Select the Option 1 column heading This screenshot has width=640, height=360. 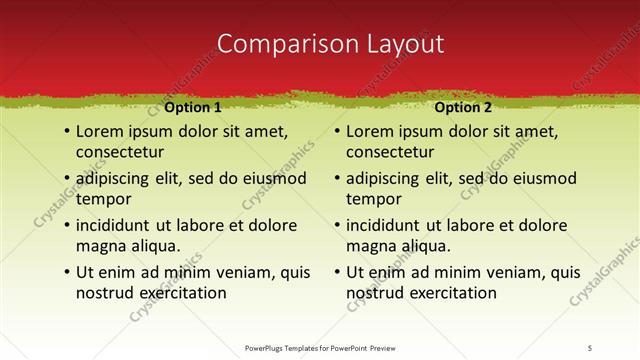pyautogui.click(x=192, y=107)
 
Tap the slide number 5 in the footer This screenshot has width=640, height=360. pyautogui.click(x=590, y=347)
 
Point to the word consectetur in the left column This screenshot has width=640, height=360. pyautogui.click(x=119, y=152)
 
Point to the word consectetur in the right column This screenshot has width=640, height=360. pyautogui.click(x=390, y=152)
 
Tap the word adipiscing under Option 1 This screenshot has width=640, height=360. pyautogui.click(x=118, y=179)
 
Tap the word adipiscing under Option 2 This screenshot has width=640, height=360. pyautogui.click(x=389, y=179)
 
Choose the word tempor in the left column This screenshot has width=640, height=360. pyautogui.click(x=104, y=199)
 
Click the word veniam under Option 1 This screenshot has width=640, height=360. pyautogui.click(x=242, y=272)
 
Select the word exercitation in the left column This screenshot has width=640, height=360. pyautogui.click(x=181, y=293)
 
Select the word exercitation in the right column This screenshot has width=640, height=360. pyautogui.click(x=452, y=293)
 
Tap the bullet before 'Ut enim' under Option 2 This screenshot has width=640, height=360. pyautogui.click(x=337, y=272)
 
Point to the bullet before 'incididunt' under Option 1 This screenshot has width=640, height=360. pyautogui.click(x=66, y=225)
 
